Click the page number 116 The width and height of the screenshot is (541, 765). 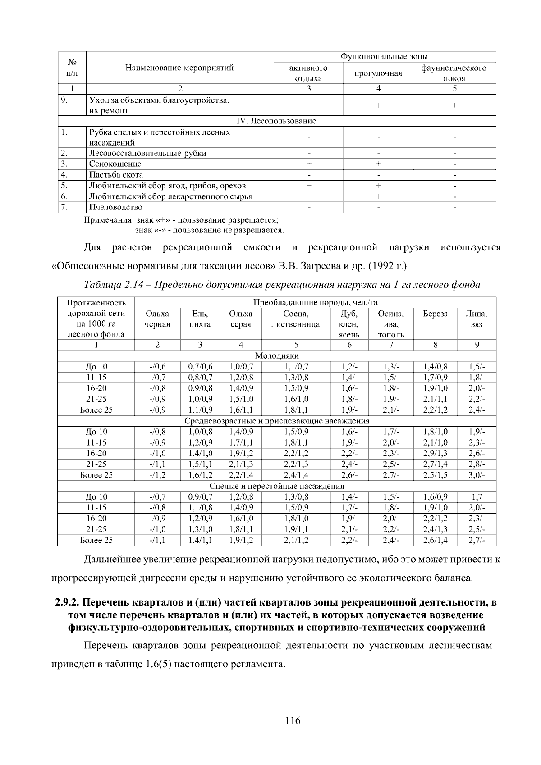(x=293, y=720)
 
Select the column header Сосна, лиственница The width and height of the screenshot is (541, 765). (x=296, y=319)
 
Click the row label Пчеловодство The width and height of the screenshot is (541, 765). (x=116, y=207)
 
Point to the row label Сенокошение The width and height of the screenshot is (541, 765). (x=115, y=164)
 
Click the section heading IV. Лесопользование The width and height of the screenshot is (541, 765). (x=276, y=121)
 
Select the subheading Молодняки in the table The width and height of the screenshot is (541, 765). (x=276, y=356)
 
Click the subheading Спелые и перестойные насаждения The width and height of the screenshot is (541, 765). (x=276, y=486)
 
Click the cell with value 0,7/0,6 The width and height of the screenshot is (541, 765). (x=200, y=367)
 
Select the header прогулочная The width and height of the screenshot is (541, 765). (x=378, y=73)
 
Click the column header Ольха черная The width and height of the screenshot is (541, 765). (x=157, y=319)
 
